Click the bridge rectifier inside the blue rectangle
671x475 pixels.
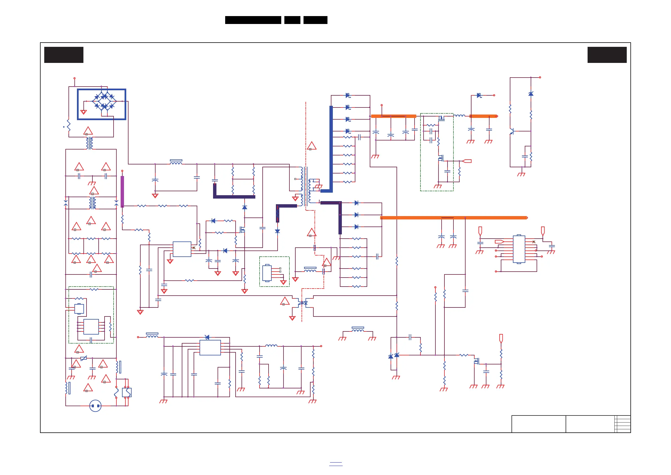point(104,101)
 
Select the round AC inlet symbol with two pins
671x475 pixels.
point(95,406)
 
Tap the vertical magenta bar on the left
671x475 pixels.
point(122,192)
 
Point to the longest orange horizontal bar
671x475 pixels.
point(453,217)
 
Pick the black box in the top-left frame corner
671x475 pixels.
point(64,55)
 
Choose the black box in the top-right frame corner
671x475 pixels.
point(607,55)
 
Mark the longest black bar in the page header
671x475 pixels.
point(253,20)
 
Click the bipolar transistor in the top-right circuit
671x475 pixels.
point(511,131)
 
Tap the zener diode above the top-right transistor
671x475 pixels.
point(531,94)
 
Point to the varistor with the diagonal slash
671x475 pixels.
point(84,358)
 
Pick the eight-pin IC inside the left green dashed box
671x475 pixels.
point(91,326)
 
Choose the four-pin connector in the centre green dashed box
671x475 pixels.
point(267,273)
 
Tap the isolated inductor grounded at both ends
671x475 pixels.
point(358,330)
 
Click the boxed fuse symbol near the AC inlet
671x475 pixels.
point(127,393)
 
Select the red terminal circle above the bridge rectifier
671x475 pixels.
point(74,78)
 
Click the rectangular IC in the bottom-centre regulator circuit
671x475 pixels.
point(210,348)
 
